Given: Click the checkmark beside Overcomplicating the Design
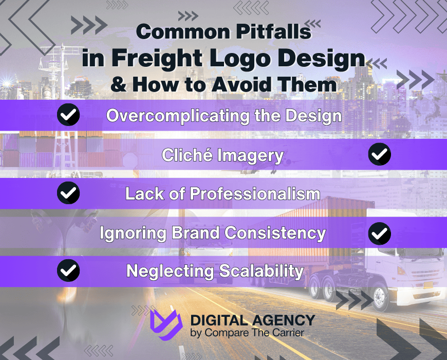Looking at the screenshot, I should tap(68, 115).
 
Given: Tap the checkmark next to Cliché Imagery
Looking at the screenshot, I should tap(380, 154).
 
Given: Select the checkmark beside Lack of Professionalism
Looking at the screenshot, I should tap(68, 193).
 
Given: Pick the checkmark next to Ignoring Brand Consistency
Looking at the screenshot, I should tap(380, 233).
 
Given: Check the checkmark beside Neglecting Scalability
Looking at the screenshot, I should tap(68, 270).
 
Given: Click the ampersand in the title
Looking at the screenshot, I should tap(119, 84).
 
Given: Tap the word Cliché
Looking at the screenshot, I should tap(185, 155).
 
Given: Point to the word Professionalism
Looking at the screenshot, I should tap(255, 194).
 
